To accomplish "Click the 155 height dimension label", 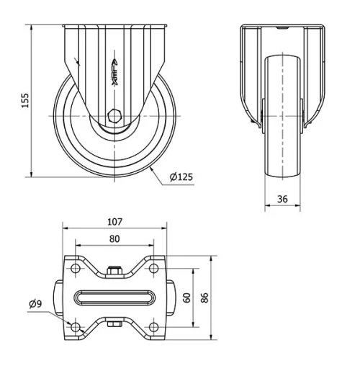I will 25,99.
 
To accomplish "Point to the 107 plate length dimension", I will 115,221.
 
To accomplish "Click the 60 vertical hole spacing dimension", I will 186,298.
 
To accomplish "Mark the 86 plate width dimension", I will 205,298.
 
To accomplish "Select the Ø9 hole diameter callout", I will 35,304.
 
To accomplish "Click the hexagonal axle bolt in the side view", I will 113,115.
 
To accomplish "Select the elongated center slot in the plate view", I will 115,298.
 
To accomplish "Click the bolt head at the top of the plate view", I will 115,271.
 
